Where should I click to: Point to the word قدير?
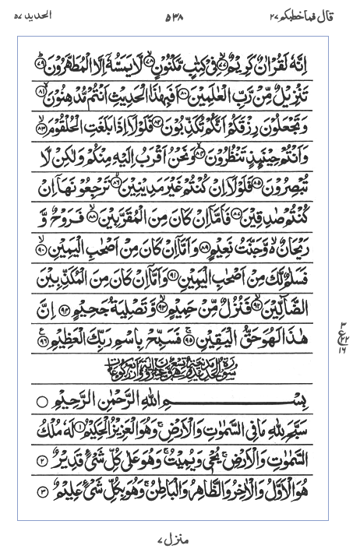[x=69, y=463]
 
